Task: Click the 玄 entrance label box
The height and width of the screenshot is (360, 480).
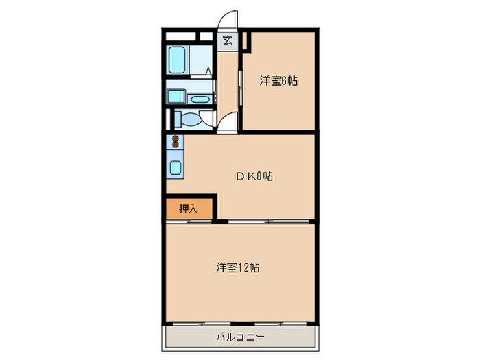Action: coord(227,40)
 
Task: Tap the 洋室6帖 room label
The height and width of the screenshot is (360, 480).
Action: coord(278,81)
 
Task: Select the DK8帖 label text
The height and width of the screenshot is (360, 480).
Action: coord(255,176)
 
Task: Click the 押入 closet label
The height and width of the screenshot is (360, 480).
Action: coord(189,208)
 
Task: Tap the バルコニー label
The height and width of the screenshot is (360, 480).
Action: coord(240,337)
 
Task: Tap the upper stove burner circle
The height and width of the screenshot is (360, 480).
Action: coord(176,139)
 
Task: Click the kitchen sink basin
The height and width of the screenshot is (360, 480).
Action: coord(176,167)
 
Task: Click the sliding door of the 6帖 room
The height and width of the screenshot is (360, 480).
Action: coord(240,86)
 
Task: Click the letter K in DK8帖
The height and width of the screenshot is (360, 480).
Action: coord(251,176)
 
